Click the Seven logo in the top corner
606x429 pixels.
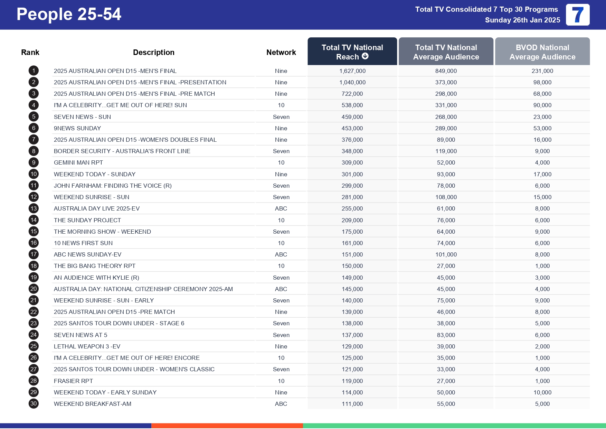coord(577,15)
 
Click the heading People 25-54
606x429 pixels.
coord(69,15)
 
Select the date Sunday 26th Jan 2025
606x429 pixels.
coord(522,20)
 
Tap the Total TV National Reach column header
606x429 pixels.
coord(352,52)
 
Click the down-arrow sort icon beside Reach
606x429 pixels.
coord(365,56)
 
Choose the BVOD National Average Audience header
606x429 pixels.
coord(542,52)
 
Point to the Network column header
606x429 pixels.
coord(281,52)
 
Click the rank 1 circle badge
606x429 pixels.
coord(34,71)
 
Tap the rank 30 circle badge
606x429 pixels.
coord(34,403)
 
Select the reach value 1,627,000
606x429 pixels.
coord(352,71)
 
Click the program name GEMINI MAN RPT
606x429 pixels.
coord(78,162)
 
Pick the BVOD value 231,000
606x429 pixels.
coord(542,71)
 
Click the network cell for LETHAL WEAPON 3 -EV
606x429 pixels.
coord(281,346)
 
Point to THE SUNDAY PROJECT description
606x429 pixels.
coord(87,220)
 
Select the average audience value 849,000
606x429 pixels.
coord(446,71)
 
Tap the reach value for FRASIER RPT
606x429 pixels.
coord(352,381)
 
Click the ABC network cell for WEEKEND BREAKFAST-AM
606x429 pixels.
coord(281,404)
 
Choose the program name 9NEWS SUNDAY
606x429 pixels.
coord(77,128)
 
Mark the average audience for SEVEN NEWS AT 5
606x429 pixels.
coord(446,335)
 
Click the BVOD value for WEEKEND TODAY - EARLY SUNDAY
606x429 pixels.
coord(542,392)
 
